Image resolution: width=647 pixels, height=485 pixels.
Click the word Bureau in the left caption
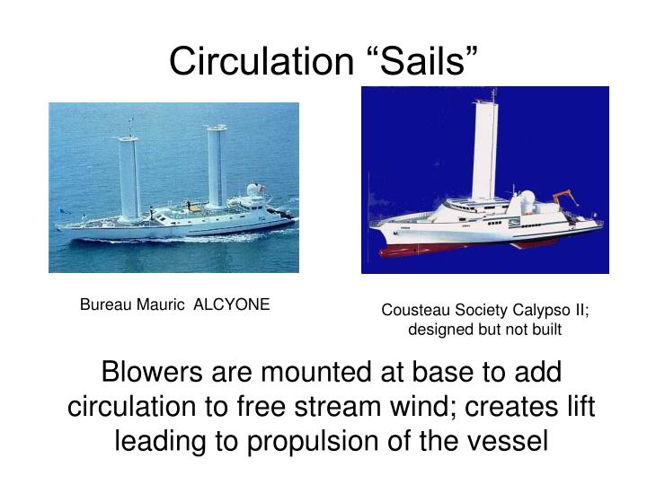(104, 304)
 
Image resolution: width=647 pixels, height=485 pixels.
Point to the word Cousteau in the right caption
(411, 311)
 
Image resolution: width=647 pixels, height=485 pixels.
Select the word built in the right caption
(545, 330)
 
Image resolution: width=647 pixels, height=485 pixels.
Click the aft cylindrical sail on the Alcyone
(216, 166)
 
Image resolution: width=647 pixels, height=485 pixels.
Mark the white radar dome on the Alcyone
(255, 190)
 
